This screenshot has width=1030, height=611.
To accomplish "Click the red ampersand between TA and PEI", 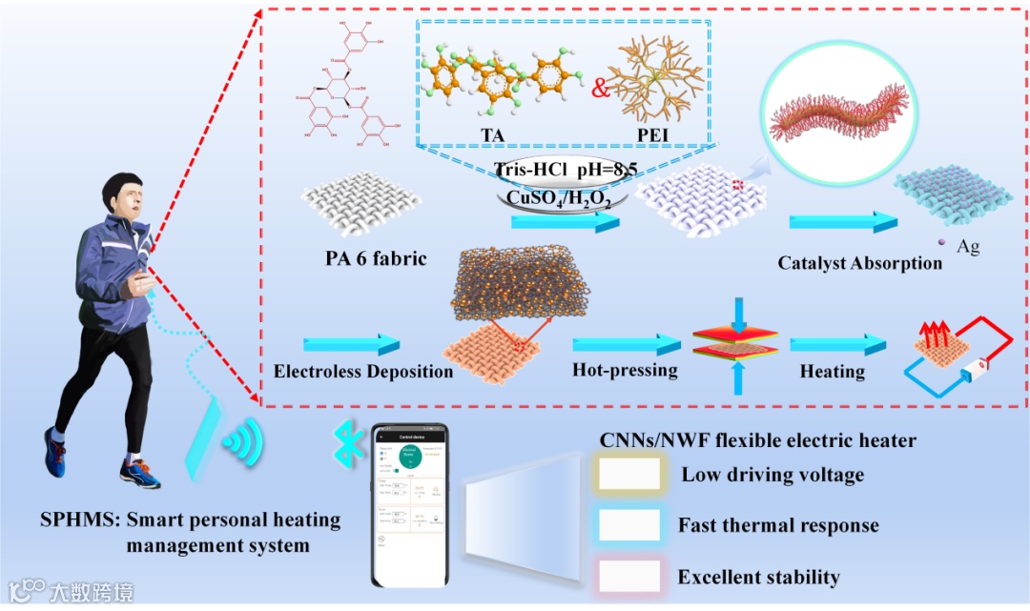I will click(x=600, y=90).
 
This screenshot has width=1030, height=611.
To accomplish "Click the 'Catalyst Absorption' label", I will click(x=859, y=262).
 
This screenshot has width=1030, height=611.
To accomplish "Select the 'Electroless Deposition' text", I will click(x=363, y=372).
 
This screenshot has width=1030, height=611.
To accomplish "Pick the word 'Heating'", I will click(x=833, y=372).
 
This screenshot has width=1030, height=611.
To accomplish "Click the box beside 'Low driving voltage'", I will click(x=629, y=474).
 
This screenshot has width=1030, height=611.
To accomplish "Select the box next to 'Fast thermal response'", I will click(x=629, y=524).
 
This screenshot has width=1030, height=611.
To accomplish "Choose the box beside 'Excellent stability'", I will click(x=629, y=576).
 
